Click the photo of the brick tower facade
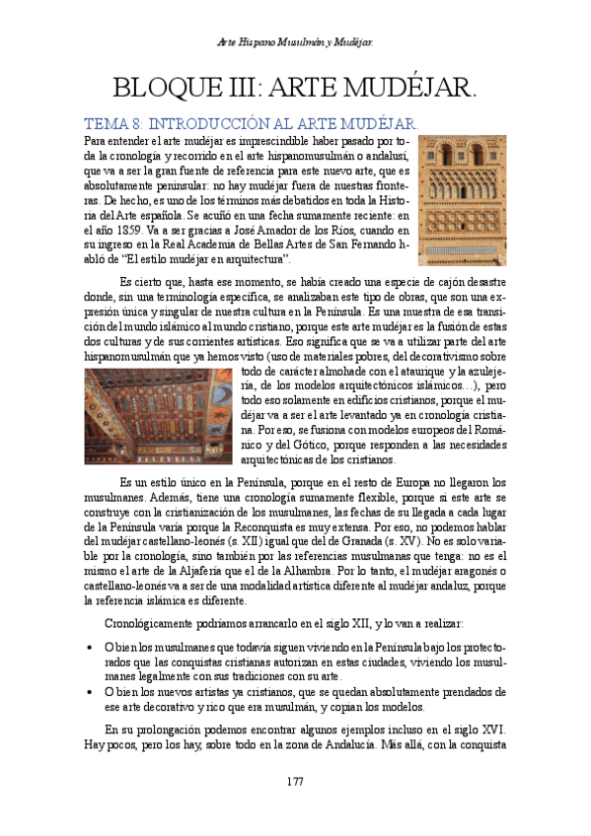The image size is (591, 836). coord(463,200)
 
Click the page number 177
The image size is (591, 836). coord(295,781)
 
